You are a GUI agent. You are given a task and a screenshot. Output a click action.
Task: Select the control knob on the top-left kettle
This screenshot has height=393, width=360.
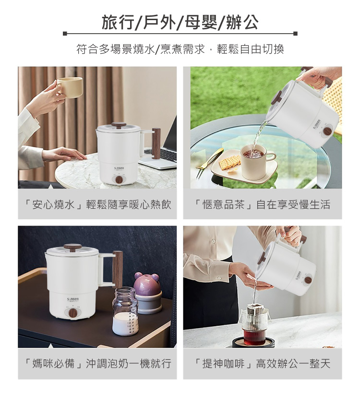coord(119,179)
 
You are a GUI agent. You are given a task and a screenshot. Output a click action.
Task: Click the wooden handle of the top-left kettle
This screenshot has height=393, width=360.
coord(156,143)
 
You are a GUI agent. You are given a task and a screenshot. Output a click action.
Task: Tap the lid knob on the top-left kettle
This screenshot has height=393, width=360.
coord(119,125)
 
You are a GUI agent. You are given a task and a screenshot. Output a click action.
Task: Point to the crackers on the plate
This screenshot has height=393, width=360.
coord(229,161)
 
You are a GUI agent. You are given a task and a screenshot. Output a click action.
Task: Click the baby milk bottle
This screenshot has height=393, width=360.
coord(125,312)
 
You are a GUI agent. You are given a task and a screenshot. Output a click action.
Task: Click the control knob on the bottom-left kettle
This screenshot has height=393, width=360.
coord(72,313)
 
